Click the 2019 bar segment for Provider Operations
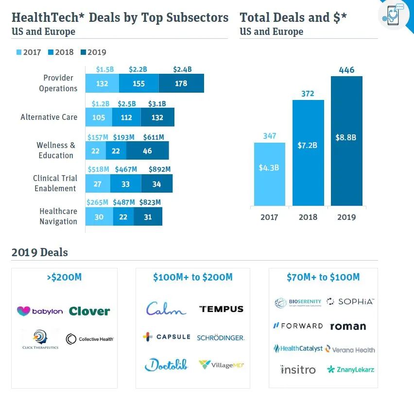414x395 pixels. coord(181,83)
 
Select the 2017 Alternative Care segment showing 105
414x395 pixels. coord(98,117)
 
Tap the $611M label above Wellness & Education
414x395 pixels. coord(154,137)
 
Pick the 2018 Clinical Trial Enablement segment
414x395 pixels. coord(125,184)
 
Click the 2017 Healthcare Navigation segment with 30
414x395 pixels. coord(99,217)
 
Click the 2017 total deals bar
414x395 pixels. coord(269,174)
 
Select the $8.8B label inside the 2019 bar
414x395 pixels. coord(346,137)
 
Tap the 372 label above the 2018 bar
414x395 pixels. coord(308,93)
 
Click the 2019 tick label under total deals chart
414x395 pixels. coord(346,217)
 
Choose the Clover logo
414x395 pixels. coord(89,311)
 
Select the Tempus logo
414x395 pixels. coord(221,309)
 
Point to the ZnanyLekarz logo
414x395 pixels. coord(350,370)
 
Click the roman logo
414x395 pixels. coord(348,326)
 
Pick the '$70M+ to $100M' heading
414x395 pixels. coord(323,277)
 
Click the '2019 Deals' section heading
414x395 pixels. coord(39,252)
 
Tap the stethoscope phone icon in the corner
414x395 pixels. coord(393,16)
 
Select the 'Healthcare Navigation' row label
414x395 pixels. coord(58,216)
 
